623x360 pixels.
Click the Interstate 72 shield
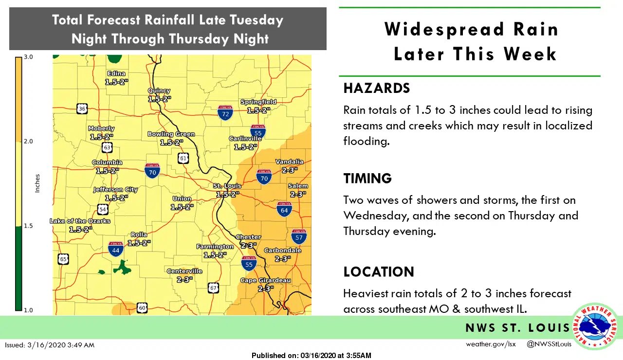[225, 113]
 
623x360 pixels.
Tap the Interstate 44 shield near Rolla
[115, 249]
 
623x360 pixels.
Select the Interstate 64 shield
[284, 209]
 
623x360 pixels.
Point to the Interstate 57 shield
[299, 236]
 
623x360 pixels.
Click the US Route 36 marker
[82, 108]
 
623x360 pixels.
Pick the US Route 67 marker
[213, 288]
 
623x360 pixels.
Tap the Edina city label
[116, 74]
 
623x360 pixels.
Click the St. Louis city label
[227, 186]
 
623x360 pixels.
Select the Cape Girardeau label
[265, 280]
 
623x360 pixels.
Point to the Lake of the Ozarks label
[80, 221]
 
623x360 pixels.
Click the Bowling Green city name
[171, 134]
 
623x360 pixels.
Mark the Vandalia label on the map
[289, 162]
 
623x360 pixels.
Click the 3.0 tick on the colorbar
[28, 57]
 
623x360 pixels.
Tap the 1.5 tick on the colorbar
[28, 226]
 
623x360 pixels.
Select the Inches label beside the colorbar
[37, 183]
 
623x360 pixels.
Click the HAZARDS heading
[377, 88]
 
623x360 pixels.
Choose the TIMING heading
[367, 178]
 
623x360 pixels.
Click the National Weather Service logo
[595, 326]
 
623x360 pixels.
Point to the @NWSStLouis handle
[549, 344]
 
